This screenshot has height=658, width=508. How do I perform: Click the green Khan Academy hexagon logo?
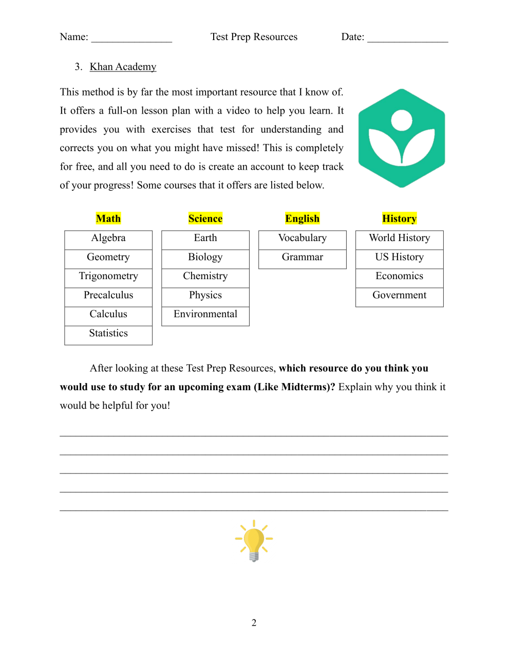(x=401, y=138)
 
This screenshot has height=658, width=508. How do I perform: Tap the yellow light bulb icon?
(x=254, y=540)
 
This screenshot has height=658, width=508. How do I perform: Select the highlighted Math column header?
(x=108, y=218)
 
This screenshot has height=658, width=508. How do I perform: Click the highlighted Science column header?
(x=205, y=218)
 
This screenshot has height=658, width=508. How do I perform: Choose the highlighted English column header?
(x=303, y=218)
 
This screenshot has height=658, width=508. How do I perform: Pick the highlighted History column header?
(x=399, y=218)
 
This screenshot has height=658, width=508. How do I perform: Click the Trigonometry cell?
(x=108, y=276)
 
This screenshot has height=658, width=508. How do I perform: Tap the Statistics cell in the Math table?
(x=108, y=333)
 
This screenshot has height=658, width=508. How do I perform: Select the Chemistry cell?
(x=205, y=276)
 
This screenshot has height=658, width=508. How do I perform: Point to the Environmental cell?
(x=205, y=314)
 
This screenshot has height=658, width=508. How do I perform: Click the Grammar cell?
(x=303, y=257)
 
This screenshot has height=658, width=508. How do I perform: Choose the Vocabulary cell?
(x=303, y=238)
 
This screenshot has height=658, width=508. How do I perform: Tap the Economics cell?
(x=399, y=276)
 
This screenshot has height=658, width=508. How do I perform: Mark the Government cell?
(x=399, y=295)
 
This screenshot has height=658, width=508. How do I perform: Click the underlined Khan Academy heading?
(x=123, y=67)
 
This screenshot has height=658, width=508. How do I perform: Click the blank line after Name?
(x=131, y=38)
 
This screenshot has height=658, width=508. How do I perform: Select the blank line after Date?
(x=408, y=38)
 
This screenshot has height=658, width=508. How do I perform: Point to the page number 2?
(x=254, y=623)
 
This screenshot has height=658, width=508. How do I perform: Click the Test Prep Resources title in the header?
(x=254, y=37)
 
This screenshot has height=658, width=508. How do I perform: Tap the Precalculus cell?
(x=108, y=295)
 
